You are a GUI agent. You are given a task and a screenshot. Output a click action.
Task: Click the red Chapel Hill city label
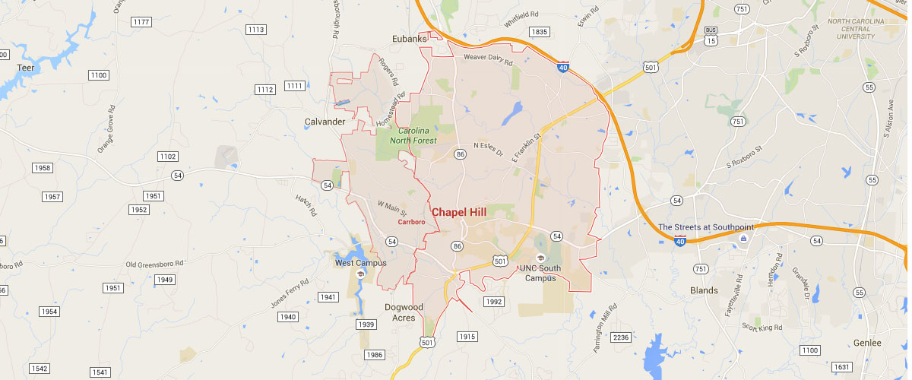point(459,212)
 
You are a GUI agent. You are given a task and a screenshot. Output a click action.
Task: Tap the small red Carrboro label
point(411,223)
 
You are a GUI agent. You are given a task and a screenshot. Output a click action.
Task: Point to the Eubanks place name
point(409,39)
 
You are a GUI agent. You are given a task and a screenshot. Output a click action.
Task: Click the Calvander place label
point(325,122)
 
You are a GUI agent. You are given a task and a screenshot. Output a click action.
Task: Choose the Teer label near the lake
point(26,68)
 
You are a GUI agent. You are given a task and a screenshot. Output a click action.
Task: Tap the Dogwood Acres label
point(404,312)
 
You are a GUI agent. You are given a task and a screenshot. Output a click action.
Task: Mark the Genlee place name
point(867,343)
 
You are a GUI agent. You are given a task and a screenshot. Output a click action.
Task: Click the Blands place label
point(704,290)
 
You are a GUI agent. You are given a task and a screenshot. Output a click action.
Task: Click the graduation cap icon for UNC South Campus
point(540,257)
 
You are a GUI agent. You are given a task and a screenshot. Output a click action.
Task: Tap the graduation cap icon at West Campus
point(360,274)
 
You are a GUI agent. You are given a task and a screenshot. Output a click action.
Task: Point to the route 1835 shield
point(539,32)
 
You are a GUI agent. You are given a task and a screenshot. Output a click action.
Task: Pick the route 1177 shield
point(141,22)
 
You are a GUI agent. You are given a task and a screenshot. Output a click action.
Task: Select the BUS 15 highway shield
point(711,36)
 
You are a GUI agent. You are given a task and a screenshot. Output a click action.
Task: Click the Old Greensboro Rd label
point(156,264)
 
